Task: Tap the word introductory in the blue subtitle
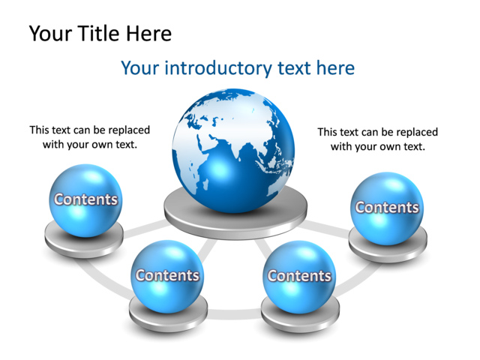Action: tap(219, 68)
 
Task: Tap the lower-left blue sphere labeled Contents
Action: tap(166, 274)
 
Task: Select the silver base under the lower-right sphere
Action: tap(299, 313)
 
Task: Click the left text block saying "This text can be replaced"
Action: tap(90, 136)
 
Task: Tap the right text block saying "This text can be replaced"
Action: tap(377, 139)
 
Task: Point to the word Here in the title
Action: tap(148, 34)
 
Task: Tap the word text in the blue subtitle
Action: tap(295, 68)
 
